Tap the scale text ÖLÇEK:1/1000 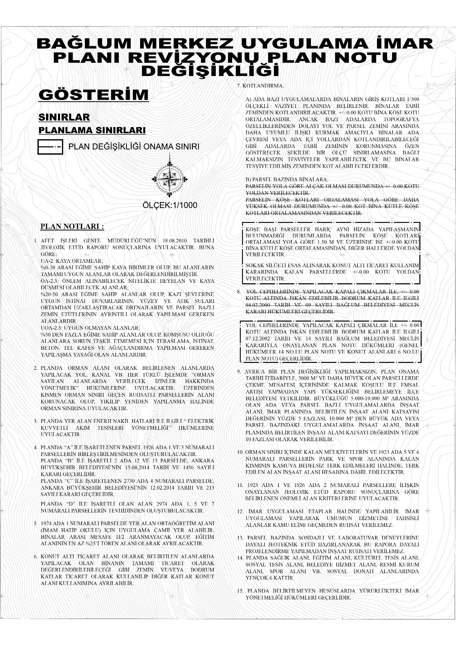pyautogui.click(x=170, y=205)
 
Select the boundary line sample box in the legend pyautogui.click(x=50, y=147)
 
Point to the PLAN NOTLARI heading pyautogui.click(x=72, y=227)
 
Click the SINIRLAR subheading pyautogui.click(x=64, y=117)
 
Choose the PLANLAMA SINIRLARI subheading pyautogui.click(x=92, y=130)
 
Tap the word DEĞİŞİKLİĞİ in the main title pyautogui.click(x=210, y=71)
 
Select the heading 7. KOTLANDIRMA pyautogui.click(x=260, y=86)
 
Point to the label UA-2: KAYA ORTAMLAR pyautogui.click(x=72, y=261)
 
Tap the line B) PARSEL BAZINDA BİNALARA pyautogui.click(x=286, y=179)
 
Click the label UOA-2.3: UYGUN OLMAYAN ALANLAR pyautogui.click(x=90, y=328)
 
